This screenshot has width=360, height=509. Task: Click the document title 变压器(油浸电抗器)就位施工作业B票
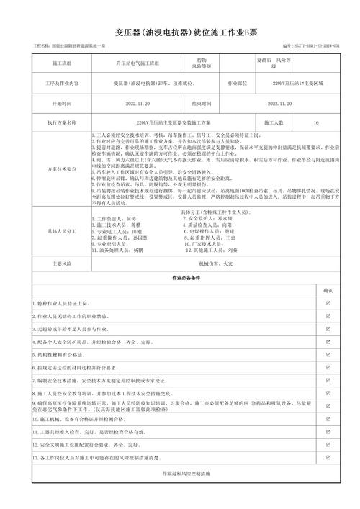point(179,32)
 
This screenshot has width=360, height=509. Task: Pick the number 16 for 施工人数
point(316,123)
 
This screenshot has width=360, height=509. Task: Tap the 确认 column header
point(328,290)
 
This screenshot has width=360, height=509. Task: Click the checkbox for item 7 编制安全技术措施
point(328,379)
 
